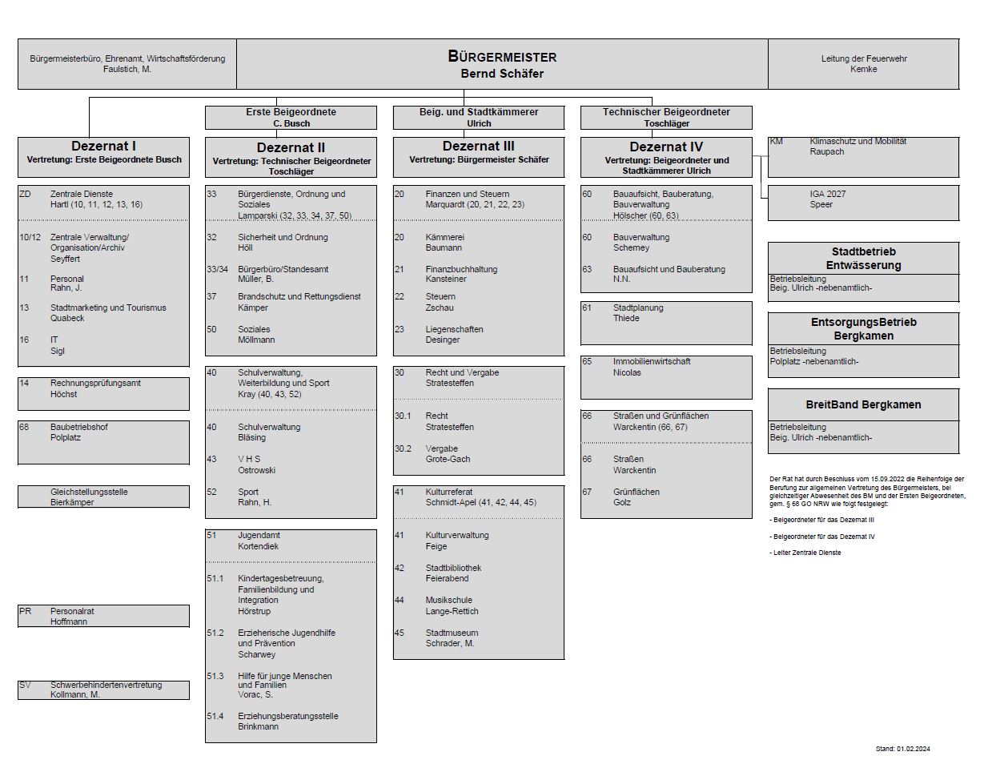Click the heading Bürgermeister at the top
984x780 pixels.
click(502, 57)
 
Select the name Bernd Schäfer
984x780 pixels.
click(502, 74)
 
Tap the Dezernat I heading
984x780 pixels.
click(103, 147)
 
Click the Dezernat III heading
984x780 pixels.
click(479, 147)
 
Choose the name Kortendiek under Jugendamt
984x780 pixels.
click(259, 546)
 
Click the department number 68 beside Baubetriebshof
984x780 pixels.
click(24, 427)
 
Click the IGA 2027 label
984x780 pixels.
click(828, 194)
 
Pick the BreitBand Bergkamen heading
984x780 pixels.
click(863, 404)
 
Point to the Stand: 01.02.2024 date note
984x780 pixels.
click(903, 749)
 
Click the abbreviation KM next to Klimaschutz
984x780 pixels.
click(776, 141)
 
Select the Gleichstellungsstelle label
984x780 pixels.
click(89, 492)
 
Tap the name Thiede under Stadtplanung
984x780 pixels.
click(626, 319)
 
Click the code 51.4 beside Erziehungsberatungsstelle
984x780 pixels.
click(215, 716)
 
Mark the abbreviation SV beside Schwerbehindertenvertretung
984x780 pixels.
click(25, 685)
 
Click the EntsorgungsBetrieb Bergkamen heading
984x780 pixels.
click(863, 328)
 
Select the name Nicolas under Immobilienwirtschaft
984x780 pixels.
click(627, 372)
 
